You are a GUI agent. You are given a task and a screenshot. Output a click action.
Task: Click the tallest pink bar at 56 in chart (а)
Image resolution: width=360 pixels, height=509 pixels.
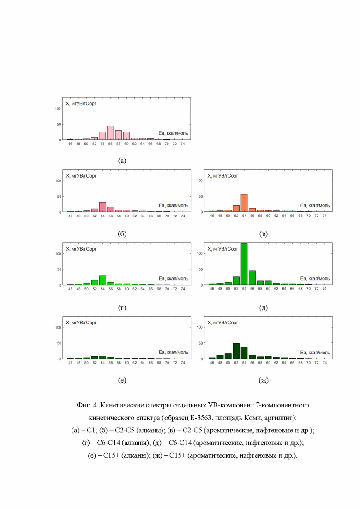110,133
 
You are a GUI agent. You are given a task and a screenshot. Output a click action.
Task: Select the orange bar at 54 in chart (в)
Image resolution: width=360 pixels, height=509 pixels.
244,203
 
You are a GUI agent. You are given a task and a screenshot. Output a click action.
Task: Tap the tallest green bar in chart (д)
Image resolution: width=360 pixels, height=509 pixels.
244,264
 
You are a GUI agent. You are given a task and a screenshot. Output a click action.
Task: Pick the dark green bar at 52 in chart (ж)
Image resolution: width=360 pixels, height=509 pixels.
236,351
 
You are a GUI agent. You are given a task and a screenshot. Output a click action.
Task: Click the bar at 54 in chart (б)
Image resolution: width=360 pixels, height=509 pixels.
102,207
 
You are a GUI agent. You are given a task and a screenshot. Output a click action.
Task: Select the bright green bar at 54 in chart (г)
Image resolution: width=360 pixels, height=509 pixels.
102,281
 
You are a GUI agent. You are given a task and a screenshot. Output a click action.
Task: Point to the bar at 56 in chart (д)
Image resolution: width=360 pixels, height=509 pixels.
252,278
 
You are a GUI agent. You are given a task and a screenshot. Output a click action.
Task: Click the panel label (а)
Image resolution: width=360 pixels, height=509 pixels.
122,161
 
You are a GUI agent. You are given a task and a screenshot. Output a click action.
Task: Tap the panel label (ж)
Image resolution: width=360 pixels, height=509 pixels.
264,380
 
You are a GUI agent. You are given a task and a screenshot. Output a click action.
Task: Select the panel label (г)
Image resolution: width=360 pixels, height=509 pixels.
122,307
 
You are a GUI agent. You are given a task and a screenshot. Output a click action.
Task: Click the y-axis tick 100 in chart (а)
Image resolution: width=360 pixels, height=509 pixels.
58,108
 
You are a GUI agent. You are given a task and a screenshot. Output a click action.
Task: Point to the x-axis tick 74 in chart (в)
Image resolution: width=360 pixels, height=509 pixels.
324,216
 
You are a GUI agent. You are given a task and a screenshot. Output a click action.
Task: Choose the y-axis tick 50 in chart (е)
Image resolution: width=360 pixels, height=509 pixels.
59,343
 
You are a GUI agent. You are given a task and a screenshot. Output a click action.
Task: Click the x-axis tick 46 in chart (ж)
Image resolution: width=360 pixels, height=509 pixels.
212,363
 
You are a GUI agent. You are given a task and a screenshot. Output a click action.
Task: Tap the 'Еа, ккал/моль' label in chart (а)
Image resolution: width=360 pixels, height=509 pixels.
173,133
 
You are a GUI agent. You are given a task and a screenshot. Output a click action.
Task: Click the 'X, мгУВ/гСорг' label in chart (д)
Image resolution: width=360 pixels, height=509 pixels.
222,249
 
